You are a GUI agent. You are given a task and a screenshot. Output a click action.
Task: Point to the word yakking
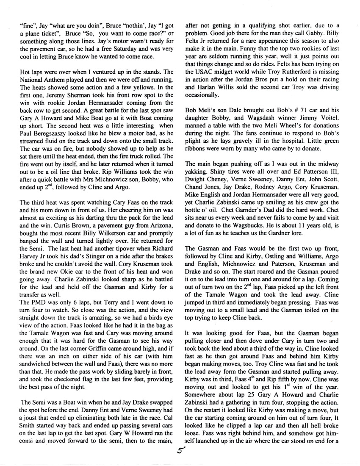click(197, 179)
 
